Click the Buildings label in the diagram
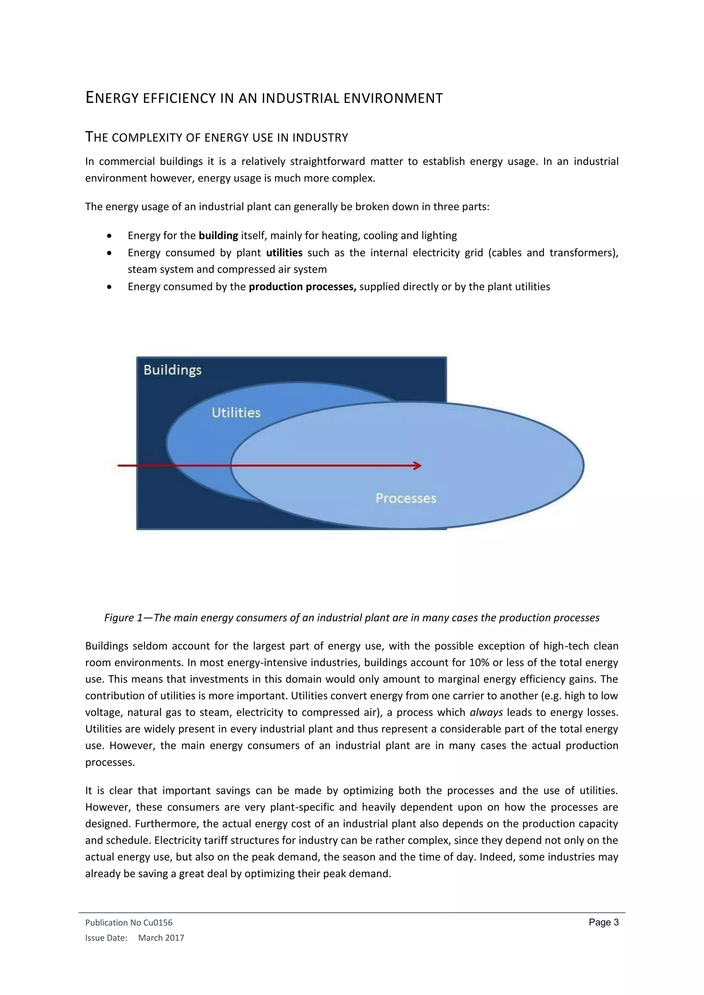click(x=173, y=370)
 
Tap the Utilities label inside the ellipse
click(x=236, y=413)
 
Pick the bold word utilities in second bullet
click(x=284, y=253)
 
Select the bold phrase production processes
click(x=302, y=287)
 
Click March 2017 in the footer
click(x=161, y=938)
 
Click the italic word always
click(x=486, y=713)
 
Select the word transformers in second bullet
click(x=583, y=253)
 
